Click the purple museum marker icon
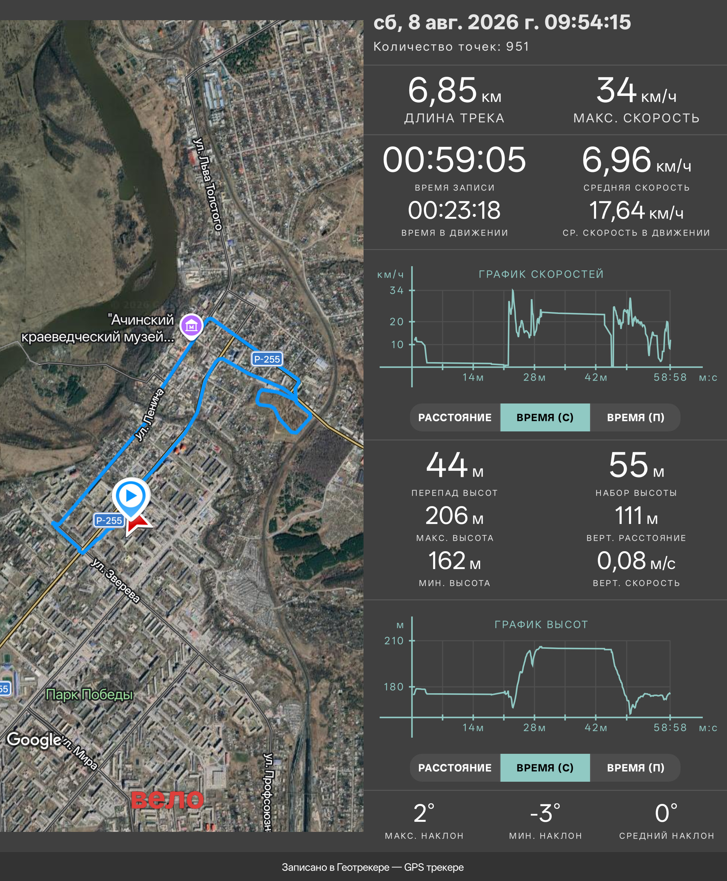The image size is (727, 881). point(192,325)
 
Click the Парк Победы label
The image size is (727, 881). point(89,694)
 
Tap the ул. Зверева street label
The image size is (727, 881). point(115,580)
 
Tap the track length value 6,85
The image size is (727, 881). point(442,91)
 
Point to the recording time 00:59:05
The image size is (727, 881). point(454,160)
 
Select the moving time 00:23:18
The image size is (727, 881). point(454,210)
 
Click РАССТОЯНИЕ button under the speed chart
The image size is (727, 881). point(455,418)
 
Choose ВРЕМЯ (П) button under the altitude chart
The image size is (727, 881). point(635,768)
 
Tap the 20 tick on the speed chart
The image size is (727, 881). point(396,322)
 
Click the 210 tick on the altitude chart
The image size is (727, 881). point(394,641)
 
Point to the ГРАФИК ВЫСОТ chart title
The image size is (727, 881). point(541,624)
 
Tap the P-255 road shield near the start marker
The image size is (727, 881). point(109,521)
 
